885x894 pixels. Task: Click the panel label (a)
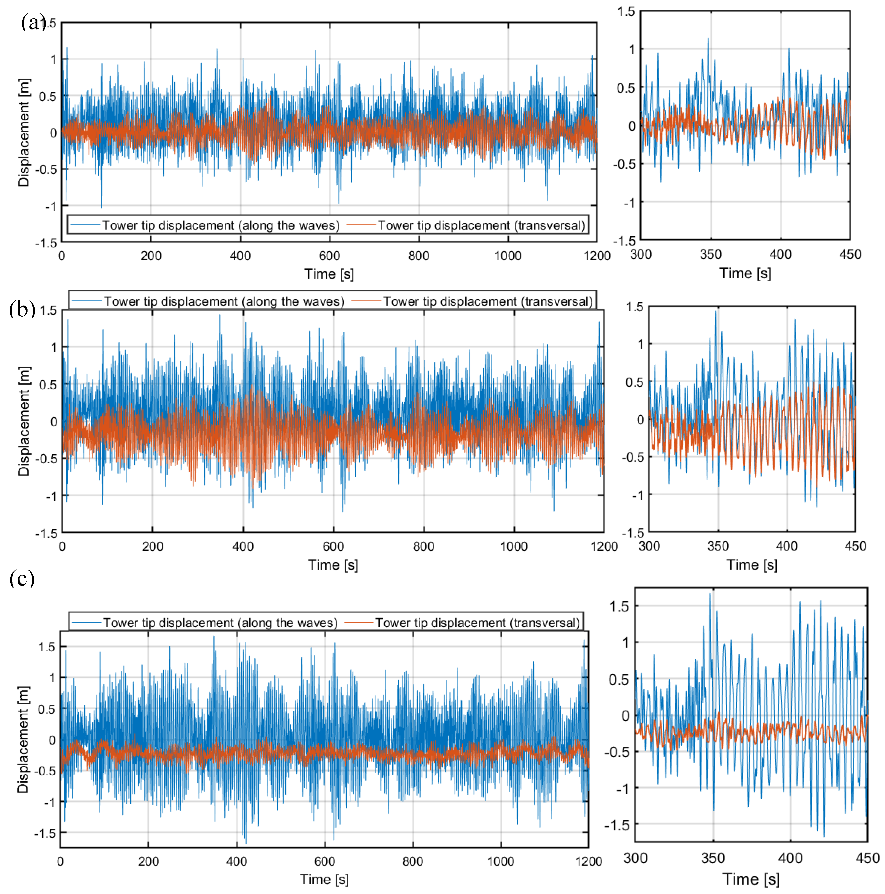tap(32, 22)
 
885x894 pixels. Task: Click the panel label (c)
tap(22, 578)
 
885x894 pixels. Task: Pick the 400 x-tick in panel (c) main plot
tap(236, 861)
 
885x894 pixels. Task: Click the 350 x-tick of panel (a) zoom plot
tap(711, 254)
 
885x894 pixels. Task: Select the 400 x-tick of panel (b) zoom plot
tap(786, 546)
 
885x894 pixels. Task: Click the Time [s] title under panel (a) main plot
tap(329, 274)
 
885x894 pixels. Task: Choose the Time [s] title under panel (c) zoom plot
tap(751, 879)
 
